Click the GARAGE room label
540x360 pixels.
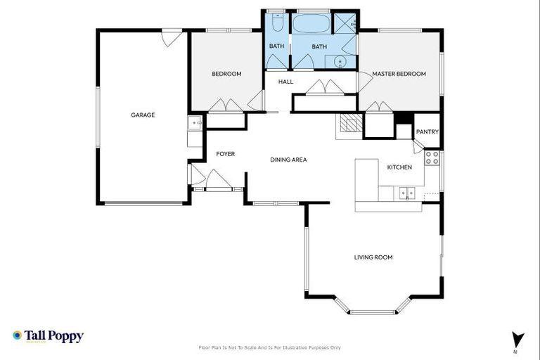(x=143, y=115)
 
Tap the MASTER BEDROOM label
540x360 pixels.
(x=399, y=74)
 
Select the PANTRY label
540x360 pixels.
(x=427, y=131)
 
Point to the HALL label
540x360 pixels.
(x=285, y=82)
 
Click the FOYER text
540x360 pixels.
(x=225, y=153)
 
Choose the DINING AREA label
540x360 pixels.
(x=288, y=160)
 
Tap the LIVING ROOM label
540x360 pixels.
(x=373, y=257)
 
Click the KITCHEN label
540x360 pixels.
(x=399, y=167)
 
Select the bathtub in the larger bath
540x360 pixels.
(x=311, y=24)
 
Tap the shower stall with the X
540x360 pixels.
(x=344, y=22)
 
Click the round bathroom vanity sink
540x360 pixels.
(x=341, y=62)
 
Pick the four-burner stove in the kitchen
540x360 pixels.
(x=432, y=158)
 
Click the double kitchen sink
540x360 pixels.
(x=406, y=192)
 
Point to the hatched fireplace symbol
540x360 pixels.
(x=349, y=124)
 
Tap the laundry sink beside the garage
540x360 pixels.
(x=195, y=124)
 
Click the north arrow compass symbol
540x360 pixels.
(x=517, y=339)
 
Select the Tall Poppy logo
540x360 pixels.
(x=48, y=336)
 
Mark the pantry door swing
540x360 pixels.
(x=418, y=146)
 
